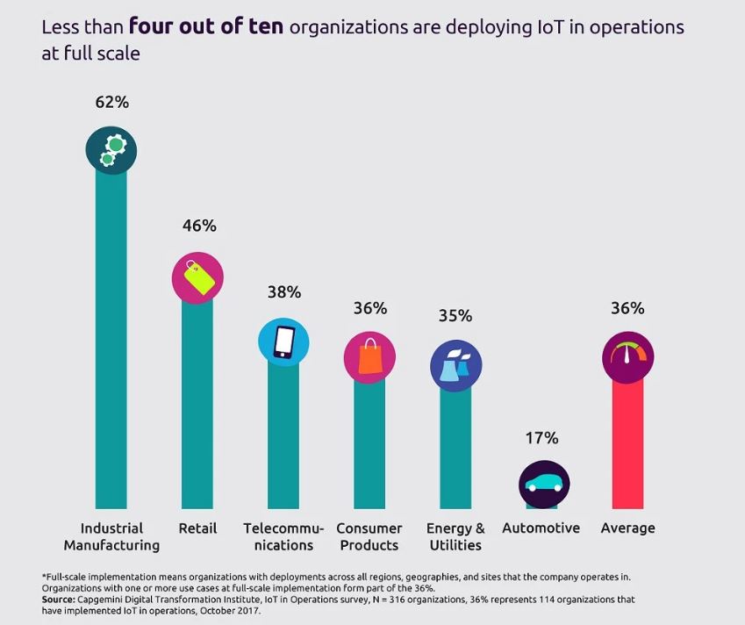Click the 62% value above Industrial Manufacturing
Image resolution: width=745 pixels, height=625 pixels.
coord(111,102)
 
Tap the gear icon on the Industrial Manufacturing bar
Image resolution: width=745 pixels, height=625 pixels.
coord(111,149)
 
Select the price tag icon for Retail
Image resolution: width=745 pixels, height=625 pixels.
coord(197,277)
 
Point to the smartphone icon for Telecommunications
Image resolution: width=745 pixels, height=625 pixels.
coord(283,342)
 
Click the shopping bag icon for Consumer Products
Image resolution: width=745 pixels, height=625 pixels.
coord(369,358)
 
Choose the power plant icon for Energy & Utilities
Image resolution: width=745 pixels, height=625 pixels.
coord(455,365)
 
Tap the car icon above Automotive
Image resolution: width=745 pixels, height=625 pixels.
coord(544,485)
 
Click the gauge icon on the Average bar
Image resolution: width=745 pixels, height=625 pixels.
coord(628,358)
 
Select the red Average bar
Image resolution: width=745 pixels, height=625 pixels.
coord(628,448)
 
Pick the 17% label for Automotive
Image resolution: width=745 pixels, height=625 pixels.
coord(542,438)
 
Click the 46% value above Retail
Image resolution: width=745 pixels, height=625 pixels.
coord(198,226)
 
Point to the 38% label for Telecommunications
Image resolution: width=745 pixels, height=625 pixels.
coord(283,291)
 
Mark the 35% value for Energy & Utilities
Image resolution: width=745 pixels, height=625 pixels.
coord(455,315)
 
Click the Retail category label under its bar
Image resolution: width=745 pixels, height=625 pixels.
coord(197,528)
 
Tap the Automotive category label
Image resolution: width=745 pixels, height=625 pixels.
coord(541,528)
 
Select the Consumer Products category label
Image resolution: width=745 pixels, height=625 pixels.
coord(369,536)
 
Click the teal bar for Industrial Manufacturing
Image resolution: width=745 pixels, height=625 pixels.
coord(111,351)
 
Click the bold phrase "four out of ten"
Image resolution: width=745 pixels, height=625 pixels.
coord(206,27)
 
